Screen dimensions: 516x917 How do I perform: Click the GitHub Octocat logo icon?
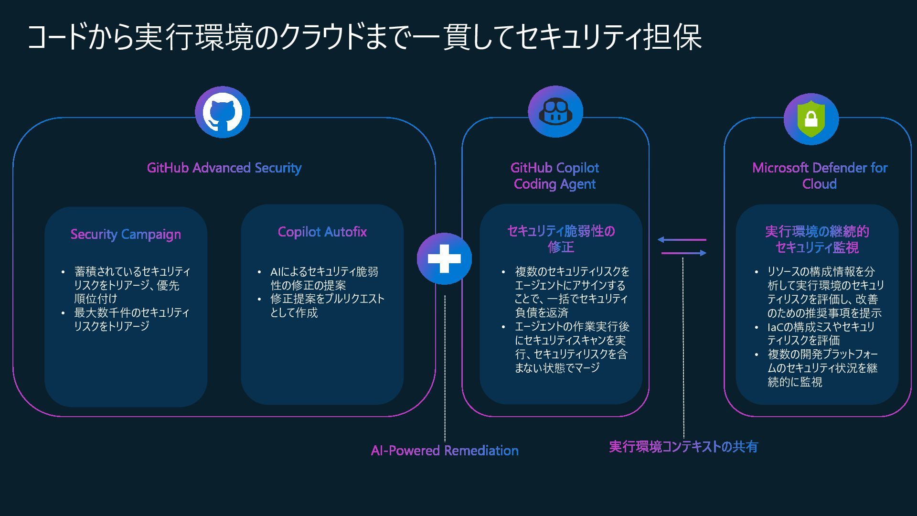coord(222,112)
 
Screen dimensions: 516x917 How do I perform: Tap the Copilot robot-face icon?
coord(555,112)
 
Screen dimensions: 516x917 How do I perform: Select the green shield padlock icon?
coord(811,119)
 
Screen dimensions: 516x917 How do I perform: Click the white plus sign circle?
coord(444,258)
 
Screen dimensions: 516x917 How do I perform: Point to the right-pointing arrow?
coord(684,253)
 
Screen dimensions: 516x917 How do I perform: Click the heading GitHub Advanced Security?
coord(224,168)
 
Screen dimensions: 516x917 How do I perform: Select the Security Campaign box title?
coord(126,234)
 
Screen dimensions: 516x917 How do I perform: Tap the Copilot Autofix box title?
coord(322,232)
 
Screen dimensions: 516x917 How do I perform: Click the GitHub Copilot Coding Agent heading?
coord(554,176)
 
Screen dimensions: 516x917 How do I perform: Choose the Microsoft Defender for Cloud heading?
coord(820,176)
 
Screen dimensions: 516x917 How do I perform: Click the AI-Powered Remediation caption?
coord(445,451)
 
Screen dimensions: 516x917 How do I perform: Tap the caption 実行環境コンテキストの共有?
coord(683,447)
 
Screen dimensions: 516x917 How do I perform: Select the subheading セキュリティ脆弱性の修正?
coord(561,239)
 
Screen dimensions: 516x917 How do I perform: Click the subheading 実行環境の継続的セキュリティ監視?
coord(817,239)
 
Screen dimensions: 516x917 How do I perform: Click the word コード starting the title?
coord(56,37)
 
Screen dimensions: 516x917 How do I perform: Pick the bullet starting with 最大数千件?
coord(131,319)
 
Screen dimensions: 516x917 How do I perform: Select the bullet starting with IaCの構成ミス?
coord(821,333)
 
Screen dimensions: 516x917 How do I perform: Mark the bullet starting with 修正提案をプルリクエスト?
coord(327,306)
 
